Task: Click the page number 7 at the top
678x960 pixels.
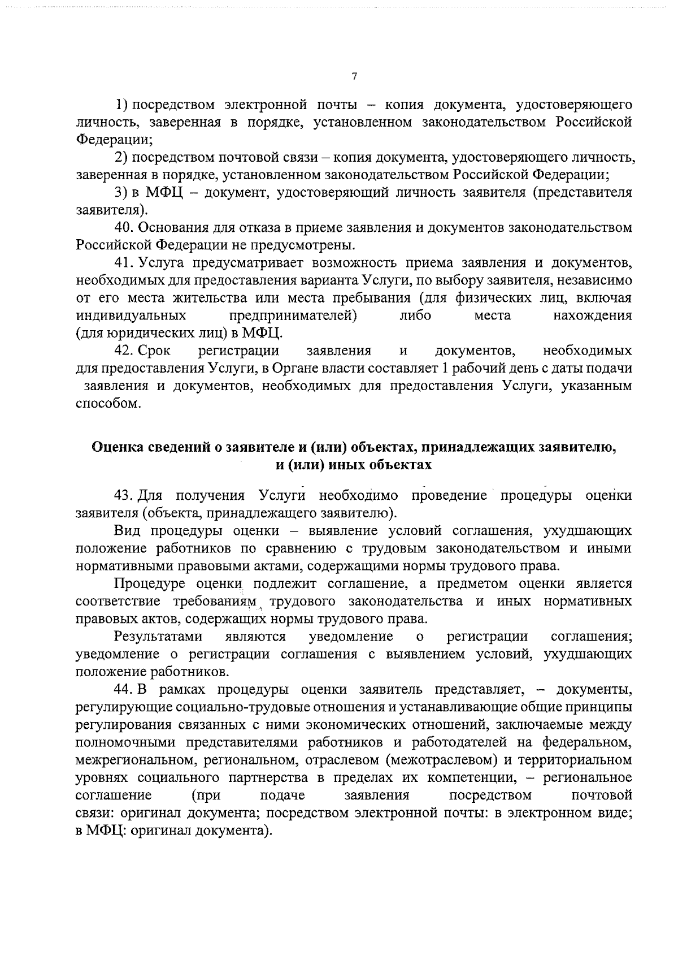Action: [354, 77]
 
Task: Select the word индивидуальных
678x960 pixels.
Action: [132, 315]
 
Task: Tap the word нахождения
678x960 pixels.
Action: [593, 315]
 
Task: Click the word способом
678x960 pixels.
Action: [107, 404]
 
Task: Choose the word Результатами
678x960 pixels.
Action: [158, 637]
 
